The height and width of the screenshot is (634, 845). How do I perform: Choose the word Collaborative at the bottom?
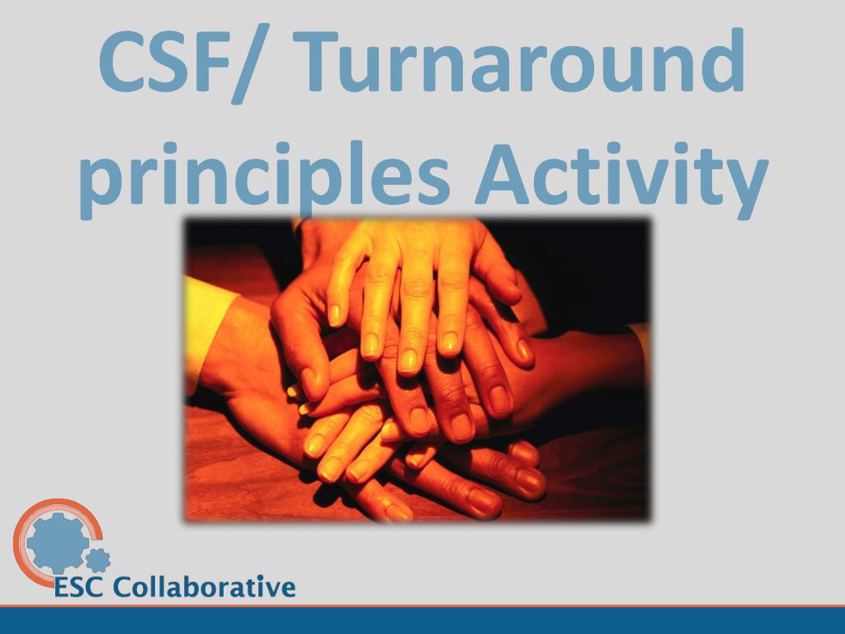[x=204, y=587]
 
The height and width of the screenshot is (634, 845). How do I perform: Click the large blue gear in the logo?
[x=57, y=542]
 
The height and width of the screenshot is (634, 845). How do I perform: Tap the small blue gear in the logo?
[x=98, y=561]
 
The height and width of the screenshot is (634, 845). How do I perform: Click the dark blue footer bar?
[x=422, y=621]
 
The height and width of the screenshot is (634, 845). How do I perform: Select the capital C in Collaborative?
[x=123, y=588]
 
